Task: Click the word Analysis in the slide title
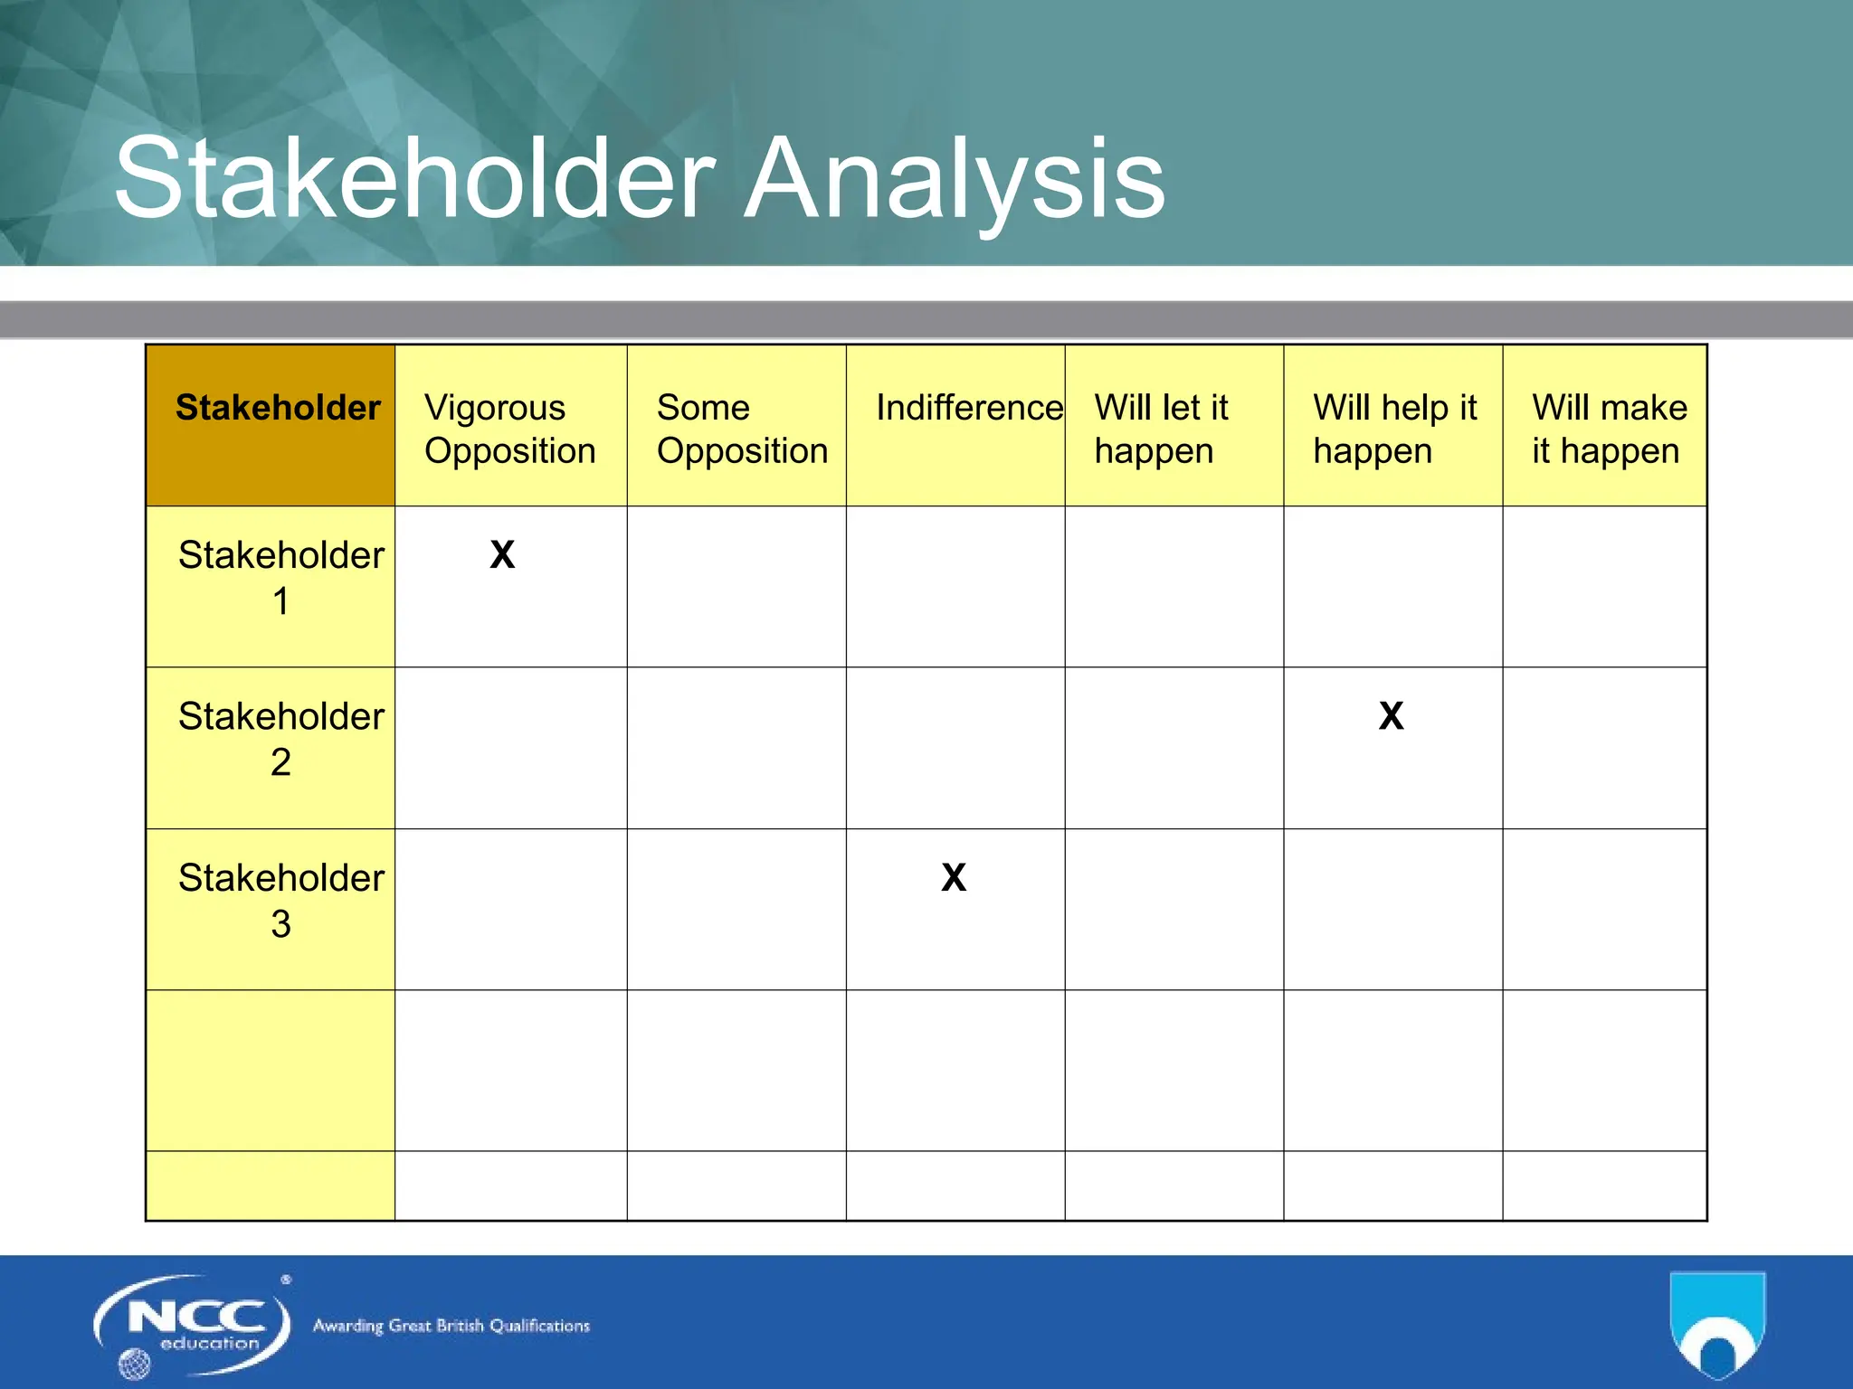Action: tap(954, 179)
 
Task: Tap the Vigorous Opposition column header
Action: tap(510, 429)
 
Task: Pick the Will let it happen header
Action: tap(1162, 429)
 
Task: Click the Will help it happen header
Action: tap(1393, 429)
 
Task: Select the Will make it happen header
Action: tap(1609, 429)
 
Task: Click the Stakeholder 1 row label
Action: tap(280, 577)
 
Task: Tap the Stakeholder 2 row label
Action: tap(280, 738)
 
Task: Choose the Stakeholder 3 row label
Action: tap(280, 900)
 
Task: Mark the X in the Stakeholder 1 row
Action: tap(502, 554)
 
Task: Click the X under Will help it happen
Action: tap(1392, 715)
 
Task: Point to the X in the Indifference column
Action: tap(954, 877)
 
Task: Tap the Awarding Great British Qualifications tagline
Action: tap(451, 1326)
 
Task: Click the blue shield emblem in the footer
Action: tap(1717, 1326)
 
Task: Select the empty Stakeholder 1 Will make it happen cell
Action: tap(1604, 586)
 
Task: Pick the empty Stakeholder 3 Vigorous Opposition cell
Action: tap(510, 909)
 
